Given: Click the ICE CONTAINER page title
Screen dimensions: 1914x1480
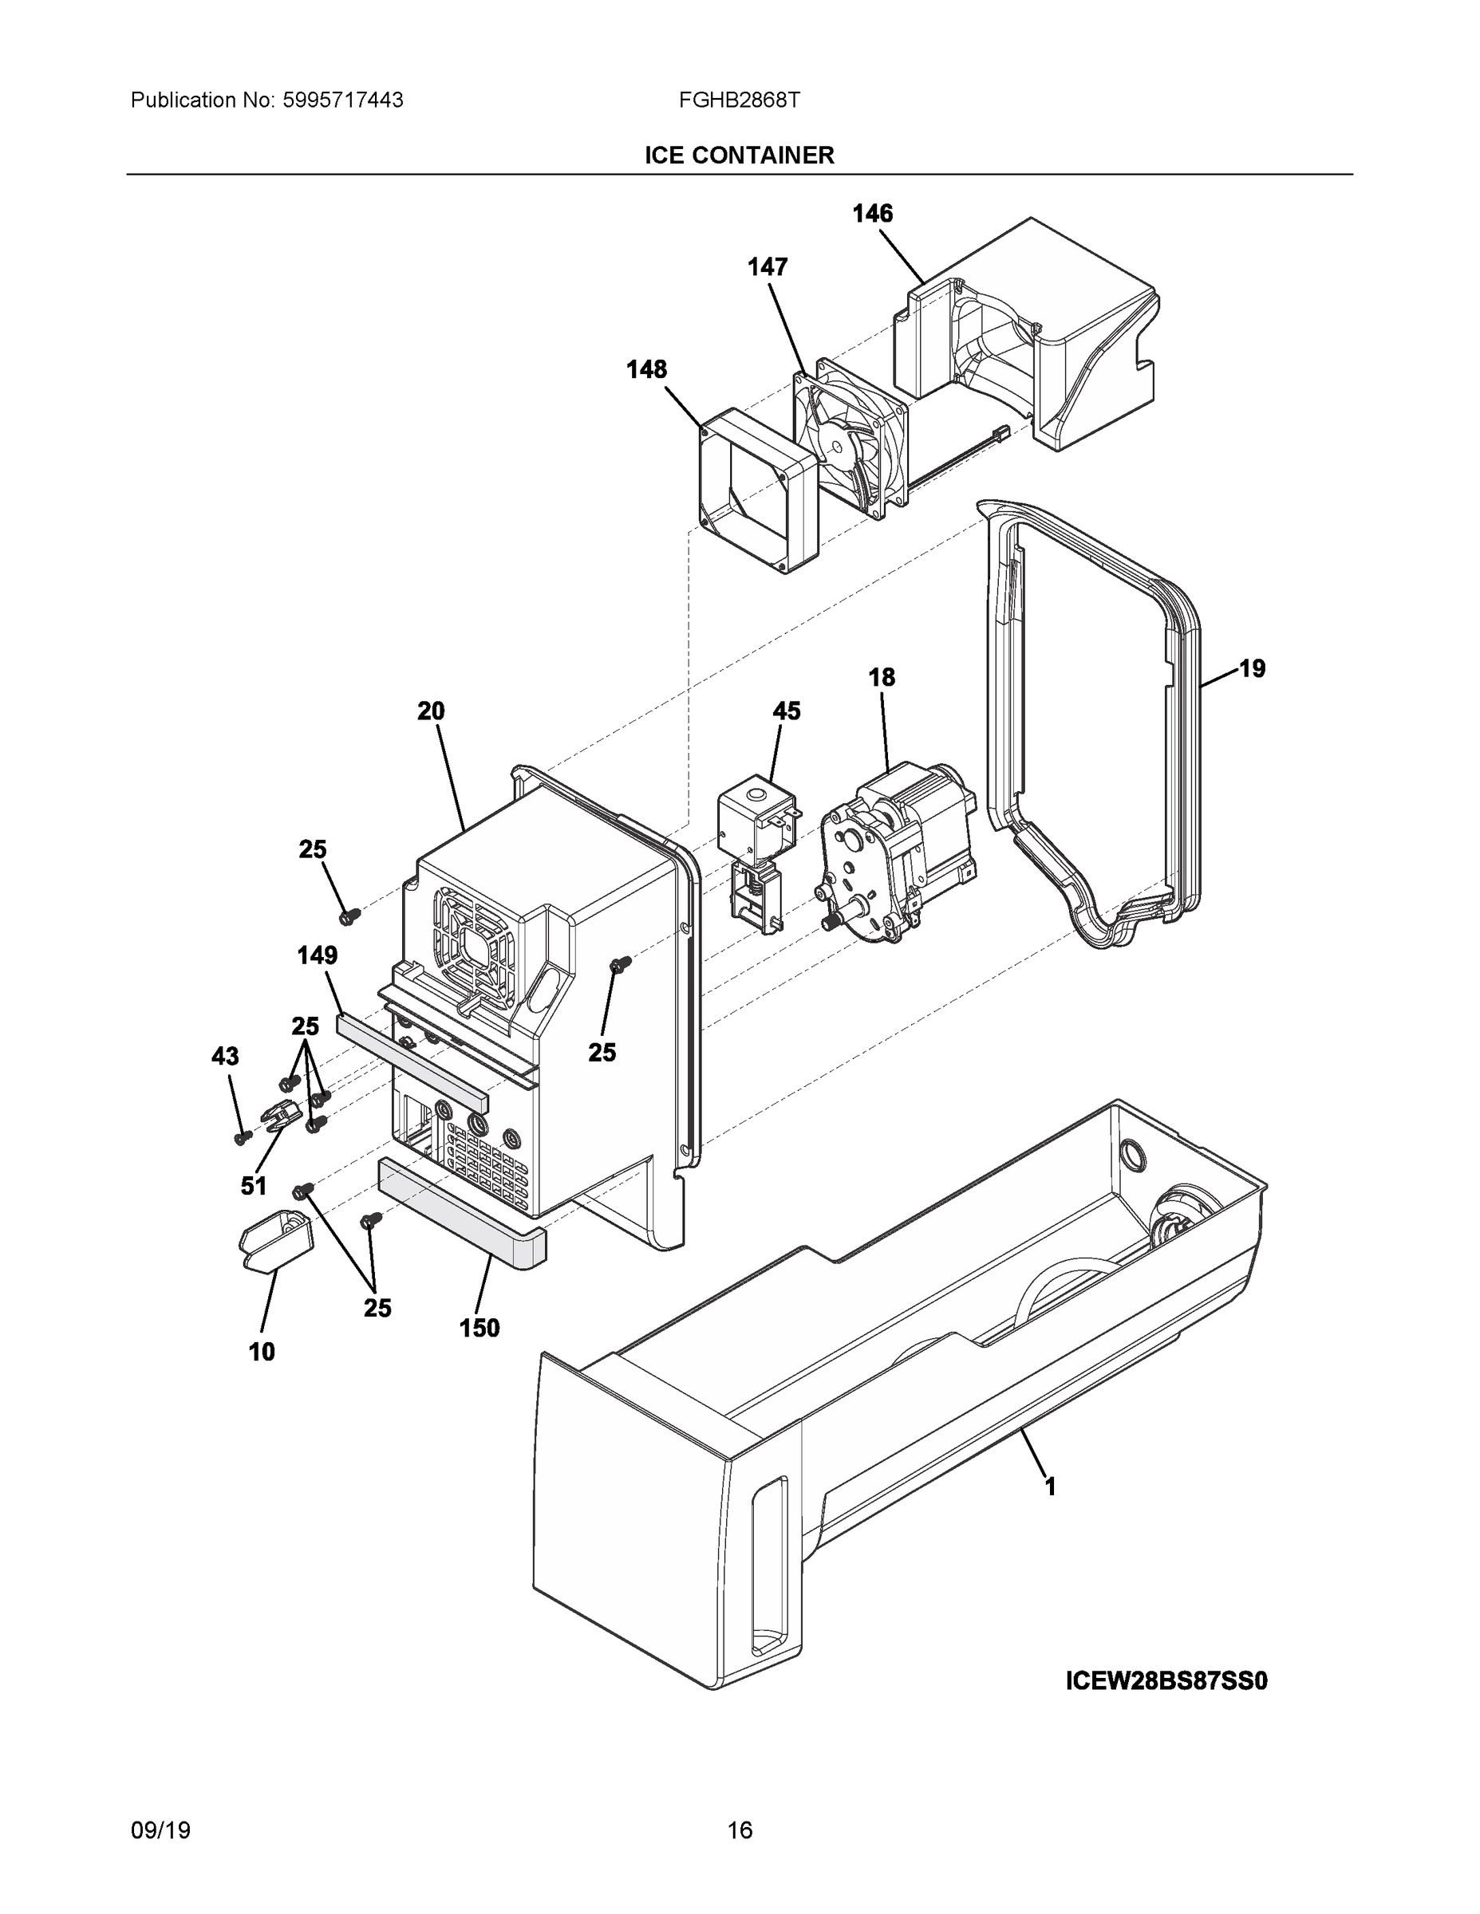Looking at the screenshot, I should (x=739, y=156).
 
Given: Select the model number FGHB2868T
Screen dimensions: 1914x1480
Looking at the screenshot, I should (x=738, y=100).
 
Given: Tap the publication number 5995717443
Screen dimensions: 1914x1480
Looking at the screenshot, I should (x=342, y=100).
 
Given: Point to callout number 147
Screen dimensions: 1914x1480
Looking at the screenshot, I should (x=768, y=267).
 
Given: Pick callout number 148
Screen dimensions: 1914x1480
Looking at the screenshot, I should (x=646, y=370).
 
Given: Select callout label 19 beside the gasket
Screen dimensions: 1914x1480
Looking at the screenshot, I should (x=1252, y=668).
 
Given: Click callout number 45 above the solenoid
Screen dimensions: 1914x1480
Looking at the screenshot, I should (x=787, y=711).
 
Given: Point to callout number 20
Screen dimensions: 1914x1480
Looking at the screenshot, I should (x=431, y=711).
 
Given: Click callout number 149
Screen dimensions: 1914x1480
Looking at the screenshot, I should (x=318, y=955).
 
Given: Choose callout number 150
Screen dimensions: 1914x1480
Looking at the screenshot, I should (x=480, y=1328).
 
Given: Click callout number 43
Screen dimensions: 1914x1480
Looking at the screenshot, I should (x=225, y=1056).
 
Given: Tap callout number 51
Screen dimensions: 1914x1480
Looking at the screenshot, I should (x=254, y=1186).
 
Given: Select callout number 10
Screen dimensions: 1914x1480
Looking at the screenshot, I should (x=261, y=1353).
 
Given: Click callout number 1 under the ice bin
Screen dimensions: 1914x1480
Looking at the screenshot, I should (x=1049, y=1487).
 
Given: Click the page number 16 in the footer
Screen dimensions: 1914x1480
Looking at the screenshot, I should (x=739, y=1830).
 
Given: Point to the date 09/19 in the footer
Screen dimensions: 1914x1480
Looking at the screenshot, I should (x=160, y=1830).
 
